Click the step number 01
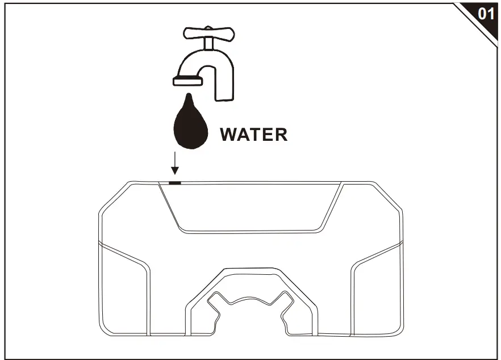point(486,14)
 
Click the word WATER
point(254,135)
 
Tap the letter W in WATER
point(229,135)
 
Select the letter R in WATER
point(281,135)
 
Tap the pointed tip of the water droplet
point(189,94)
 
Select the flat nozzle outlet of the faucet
point(187,81)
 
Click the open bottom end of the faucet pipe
point(224,100)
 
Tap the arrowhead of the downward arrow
point(175,170)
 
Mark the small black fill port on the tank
point(175,183)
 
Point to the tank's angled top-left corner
point(114,197)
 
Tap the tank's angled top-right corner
point(388,195)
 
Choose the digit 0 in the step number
point(482,14)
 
